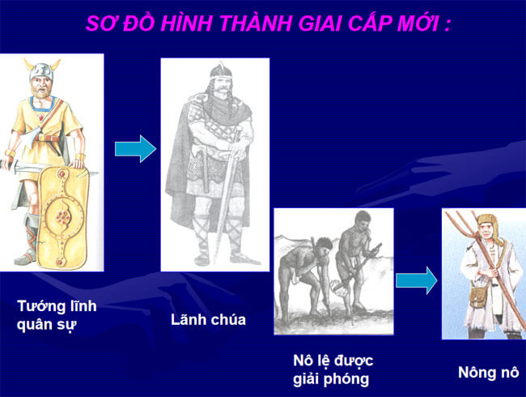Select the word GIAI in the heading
point(320,23)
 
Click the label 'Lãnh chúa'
point(208,319)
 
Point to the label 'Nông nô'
point(489,373)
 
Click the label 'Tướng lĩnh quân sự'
point(57,315)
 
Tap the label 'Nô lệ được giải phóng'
point(333,369)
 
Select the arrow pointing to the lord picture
point(135,149)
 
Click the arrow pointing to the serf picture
point(417,280)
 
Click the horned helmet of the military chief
point(41,69)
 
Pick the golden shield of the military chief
point(63,218)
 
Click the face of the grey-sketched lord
point(220,84)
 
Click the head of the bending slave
point(323,245)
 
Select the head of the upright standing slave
point(363,221)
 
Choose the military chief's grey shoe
point(26,258)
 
